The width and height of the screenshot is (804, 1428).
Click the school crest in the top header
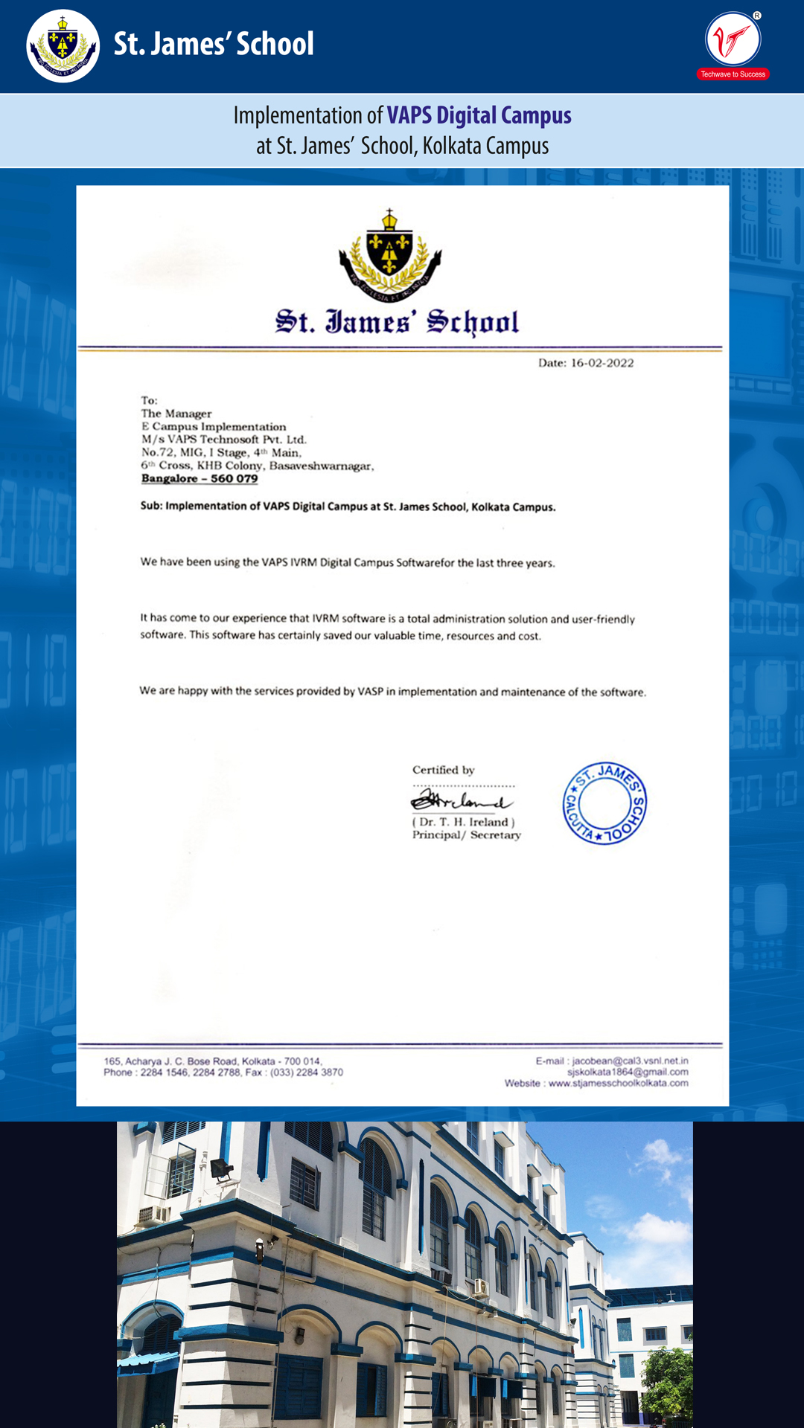coord(63,46)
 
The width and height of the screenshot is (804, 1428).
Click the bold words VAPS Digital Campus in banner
coord(479,115)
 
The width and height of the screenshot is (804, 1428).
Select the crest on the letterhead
coord(389,255)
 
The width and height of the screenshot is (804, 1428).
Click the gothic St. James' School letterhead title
coord(397,322)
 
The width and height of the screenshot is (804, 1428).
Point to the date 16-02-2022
coord(602,363)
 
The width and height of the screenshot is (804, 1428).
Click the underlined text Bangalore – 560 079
coord(200,478)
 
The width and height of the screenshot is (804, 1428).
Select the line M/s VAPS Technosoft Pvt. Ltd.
coord(223,440)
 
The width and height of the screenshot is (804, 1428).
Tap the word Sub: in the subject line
coord(151,506)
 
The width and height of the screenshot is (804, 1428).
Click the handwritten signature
coord(461,801)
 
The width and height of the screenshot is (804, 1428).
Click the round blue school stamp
coord(604,803)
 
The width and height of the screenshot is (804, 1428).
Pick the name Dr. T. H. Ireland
coord(464,822)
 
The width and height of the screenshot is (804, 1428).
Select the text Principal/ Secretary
coord(467,835)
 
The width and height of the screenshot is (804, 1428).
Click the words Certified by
coord(443,770)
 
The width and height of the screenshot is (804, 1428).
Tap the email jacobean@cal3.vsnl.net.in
coord(630,1061)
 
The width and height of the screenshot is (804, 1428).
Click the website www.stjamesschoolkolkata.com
coord(618,1083)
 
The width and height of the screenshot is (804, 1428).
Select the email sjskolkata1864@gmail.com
coord(628,1072)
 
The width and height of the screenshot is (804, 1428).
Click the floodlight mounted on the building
coord(221,1170)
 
